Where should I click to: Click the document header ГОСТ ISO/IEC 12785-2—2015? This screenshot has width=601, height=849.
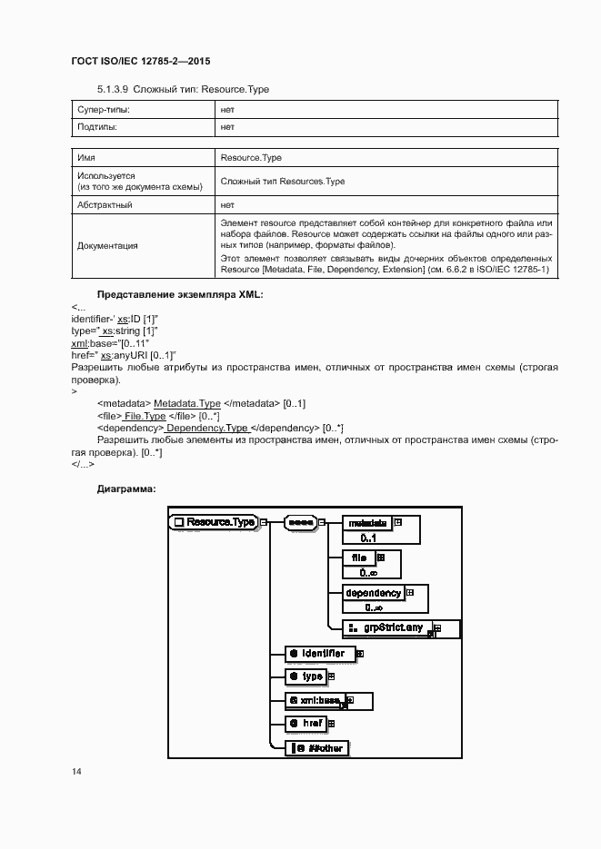[x=141, y=62]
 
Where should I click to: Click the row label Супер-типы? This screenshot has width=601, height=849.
[x=104, y=109]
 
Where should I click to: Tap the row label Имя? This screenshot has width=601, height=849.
[x=87, y=157]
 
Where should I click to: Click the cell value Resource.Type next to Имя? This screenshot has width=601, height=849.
[x=251, y=157]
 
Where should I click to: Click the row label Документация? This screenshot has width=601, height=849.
[x=108, y=245]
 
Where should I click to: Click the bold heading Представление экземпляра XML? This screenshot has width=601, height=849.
[x=179, y=295]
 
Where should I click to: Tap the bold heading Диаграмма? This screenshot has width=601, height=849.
[x=126, y=489]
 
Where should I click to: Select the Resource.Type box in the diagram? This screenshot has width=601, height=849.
[x=214, y=522]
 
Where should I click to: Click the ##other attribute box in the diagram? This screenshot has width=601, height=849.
[x=318, y=748]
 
